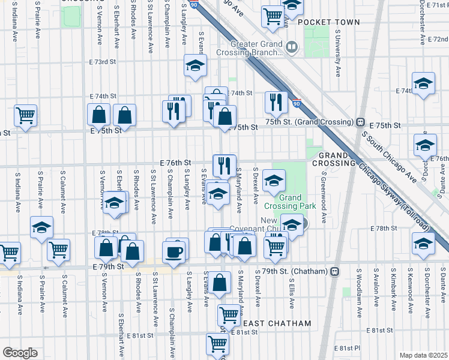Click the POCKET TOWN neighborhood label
coord(328,22)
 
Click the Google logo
coord(20,353)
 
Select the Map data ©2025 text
coord(424,355)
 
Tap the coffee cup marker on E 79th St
coord(174,251)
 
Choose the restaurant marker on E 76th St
coord(224,164)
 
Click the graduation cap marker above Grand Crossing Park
coord(274,180)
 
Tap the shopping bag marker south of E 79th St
coord(220,282)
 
